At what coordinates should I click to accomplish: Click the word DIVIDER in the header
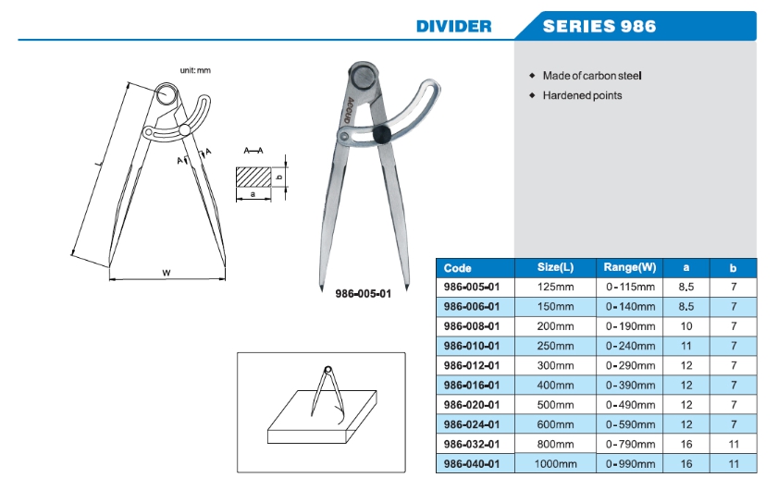click(x=453, y=26)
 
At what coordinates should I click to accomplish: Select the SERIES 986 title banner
click(x=599, y=26)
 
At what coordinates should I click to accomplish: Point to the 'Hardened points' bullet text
click(x=582, y=95)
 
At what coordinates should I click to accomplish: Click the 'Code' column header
click(x=458, y=268)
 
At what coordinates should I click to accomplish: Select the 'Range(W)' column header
click(x=630, y=267)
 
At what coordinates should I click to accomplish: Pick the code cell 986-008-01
click(x=472, y=326)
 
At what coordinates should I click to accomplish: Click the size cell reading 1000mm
click(x=556, y=462)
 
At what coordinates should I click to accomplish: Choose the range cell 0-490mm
click(x=630, y=404)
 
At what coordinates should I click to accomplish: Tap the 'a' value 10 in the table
click(x=686, y=326)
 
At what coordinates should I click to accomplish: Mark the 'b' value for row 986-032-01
click(x=733, y=443)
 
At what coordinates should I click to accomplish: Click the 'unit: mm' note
click(x=195, y=71)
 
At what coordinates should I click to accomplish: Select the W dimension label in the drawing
click(x=166, y=273)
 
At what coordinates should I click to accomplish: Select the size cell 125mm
click(x=556, y=288)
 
